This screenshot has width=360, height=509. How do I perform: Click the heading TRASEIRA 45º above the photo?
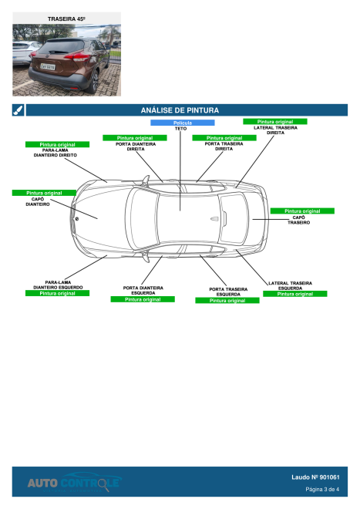tap(66, 18)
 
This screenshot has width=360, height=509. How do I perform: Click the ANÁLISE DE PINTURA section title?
tap(180, 110)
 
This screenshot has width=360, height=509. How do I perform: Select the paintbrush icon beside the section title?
tap(18, 110)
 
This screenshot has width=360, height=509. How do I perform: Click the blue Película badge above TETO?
tap(182, 123)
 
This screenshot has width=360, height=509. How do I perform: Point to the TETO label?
tap(180, 129)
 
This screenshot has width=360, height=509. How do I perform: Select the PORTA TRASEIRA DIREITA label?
tap(224, 146)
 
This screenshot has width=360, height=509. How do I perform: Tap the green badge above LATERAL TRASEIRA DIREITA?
tap(274, 121)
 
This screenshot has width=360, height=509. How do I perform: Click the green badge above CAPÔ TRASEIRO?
tap(302, 211)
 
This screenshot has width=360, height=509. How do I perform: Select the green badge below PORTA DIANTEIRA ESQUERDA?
tap(143, 299)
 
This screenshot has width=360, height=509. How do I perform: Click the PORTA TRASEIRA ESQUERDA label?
tap(228, 292)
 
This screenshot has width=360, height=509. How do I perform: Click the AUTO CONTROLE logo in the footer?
tap(73, 483)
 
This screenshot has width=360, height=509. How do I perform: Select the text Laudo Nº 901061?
tap(315, 477)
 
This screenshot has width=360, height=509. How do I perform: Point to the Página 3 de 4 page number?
tap(322, 489)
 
